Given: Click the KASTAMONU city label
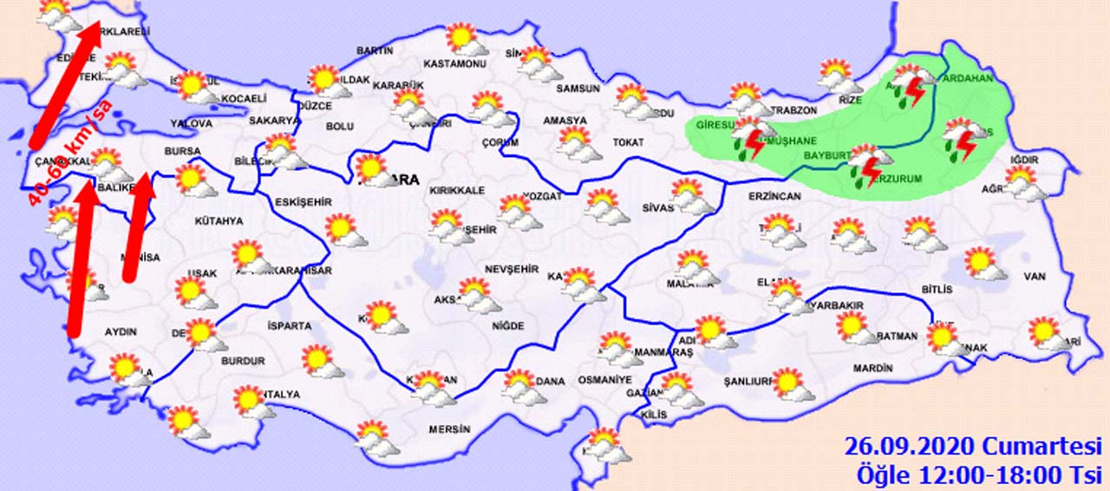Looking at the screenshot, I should (455, 64).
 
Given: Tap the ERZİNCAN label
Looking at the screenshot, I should (774, 197).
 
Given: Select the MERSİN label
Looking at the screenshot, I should (449, 429).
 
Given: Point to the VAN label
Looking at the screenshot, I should (1035, 277).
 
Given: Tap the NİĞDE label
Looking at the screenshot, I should (507, 326).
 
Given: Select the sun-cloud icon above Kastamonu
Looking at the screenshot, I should (467, 39).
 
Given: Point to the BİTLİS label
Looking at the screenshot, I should (937, 289).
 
